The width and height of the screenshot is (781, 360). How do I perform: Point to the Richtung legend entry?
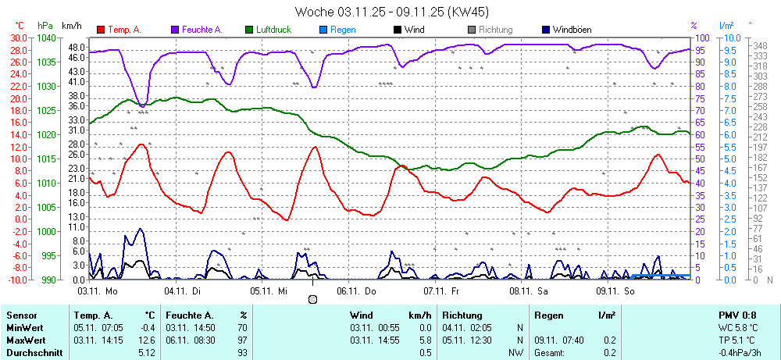pos(495,30)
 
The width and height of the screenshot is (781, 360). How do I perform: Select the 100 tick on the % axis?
pos(701,37)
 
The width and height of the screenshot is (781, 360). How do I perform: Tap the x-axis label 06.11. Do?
pos(356,290)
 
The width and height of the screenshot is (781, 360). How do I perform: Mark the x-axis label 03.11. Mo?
pos(97,290)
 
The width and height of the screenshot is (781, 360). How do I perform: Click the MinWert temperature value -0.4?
pos(146,328)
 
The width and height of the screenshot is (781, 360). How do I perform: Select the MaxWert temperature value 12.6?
pos(146,340)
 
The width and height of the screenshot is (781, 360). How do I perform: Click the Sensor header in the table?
pos(22,315)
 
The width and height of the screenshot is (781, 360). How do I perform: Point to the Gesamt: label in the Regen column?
pos(550,353)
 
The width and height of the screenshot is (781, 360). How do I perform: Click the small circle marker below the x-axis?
pos(312,299)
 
